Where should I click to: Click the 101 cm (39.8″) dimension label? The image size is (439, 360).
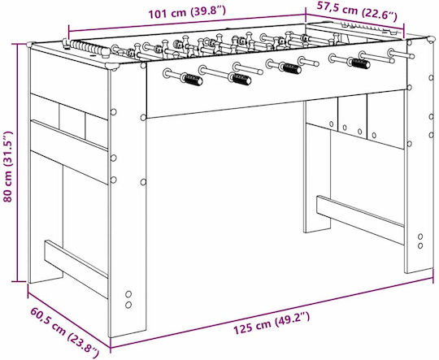(186, 12)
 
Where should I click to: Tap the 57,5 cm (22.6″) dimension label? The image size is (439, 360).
(357, 11)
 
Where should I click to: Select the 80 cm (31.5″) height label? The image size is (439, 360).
(7, 167)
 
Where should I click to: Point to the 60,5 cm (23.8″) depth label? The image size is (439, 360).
(65, 330)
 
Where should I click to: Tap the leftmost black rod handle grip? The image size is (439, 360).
(192, 79)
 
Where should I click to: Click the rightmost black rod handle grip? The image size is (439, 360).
(360, 63)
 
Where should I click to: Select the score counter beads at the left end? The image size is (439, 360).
(88, 48)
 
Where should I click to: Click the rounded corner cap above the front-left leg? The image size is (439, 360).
(113, 67)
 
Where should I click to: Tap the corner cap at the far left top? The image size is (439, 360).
(31, 44)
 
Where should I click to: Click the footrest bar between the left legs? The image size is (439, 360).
(76, 268)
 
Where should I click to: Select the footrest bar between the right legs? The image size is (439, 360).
(360, 219)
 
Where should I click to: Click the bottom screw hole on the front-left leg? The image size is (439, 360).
(128, 305)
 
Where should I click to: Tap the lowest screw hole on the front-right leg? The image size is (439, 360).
(420, 245)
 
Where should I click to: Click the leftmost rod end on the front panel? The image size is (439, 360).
(167, 73)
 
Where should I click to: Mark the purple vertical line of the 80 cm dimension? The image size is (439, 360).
(18, 163)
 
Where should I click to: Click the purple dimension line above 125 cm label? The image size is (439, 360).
(272, 312)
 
